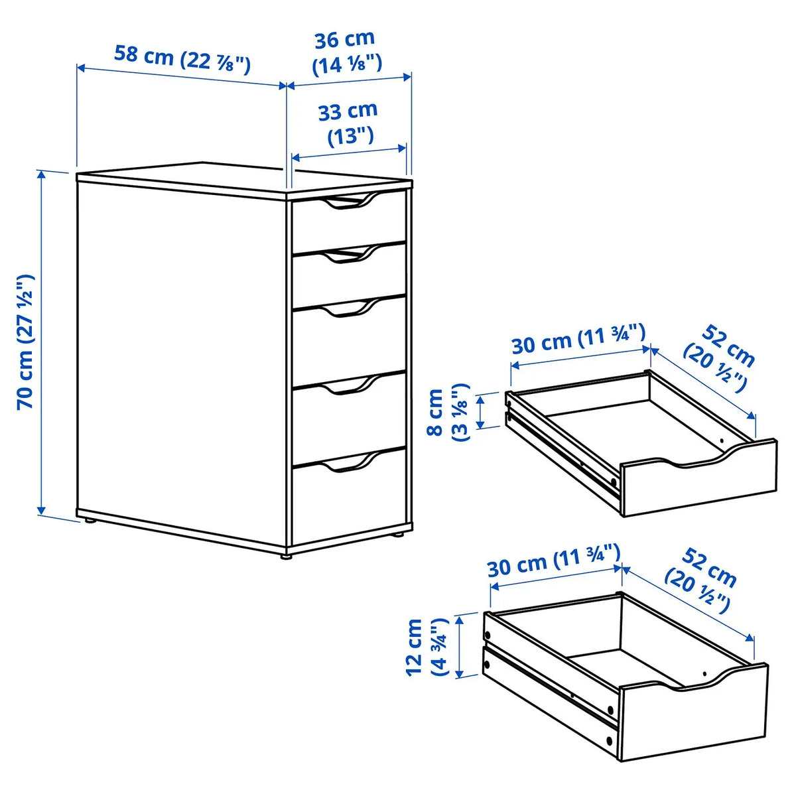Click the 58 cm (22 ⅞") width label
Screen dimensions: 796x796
tap(182, 58)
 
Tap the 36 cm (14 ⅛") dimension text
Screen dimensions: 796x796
tap(346, 52)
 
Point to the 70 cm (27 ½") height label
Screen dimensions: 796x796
tap(25, 342)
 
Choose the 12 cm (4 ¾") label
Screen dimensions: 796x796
tap(425, 646)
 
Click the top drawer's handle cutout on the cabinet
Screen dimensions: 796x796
tap(349, 203)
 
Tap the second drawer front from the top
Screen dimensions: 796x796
tap(349, 279)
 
